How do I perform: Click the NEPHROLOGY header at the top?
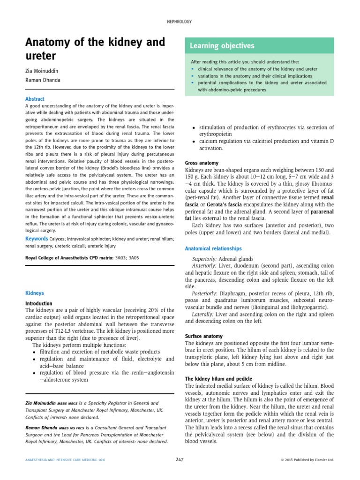180,22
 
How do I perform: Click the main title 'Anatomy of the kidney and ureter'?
95,49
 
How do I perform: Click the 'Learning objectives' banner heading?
222,46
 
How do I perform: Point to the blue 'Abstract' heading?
35,99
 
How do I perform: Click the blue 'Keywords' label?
37,239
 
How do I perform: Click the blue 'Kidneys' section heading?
34,293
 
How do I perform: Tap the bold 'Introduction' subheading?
38,303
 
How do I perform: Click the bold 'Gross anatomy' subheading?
202,163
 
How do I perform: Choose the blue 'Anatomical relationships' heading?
213,248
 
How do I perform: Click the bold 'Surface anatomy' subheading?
204,336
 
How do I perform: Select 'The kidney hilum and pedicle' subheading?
218,378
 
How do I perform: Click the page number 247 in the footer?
180,460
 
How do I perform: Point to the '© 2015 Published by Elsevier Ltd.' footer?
307,460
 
